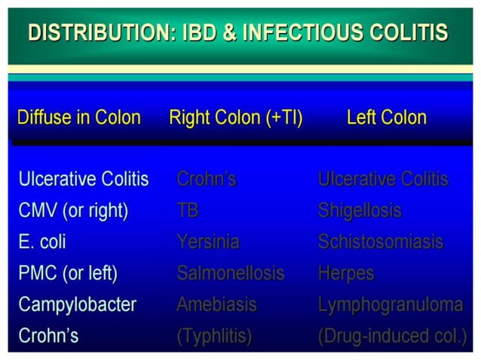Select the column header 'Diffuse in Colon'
point(78,117)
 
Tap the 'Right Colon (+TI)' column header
point(235,117)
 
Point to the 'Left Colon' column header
point(386,117)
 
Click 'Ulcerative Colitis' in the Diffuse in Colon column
point(83,180)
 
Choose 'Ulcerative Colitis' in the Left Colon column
point(383,180)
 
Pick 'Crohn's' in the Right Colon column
point(207,180)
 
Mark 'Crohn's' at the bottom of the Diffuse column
point(48,336)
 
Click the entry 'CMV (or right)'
point(72,211)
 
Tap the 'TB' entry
point(188,211)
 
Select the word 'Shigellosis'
point(360,211)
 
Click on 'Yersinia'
point(208,242)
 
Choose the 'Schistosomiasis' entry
point(381,242)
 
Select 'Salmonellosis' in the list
point(231,273)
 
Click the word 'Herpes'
point(346,273)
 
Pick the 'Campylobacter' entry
point(77,304)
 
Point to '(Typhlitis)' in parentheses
point(213,336)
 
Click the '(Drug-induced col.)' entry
point(392,336)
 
